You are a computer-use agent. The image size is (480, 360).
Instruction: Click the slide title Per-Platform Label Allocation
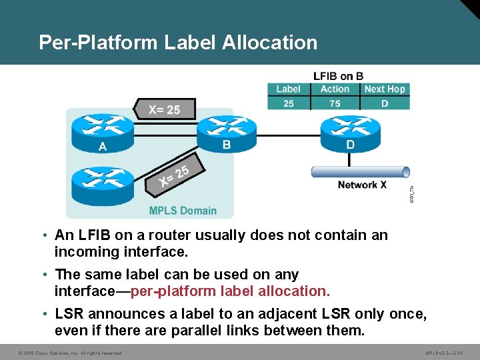click(x=178, y=43)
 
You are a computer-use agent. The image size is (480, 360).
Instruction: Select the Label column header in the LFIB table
click(x=288, y=89)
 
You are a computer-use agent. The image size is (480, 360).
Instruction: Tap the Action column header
click(x=335, y=89)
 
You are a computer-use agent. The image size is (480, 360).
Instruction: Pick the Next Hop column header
click(x=385, y=89)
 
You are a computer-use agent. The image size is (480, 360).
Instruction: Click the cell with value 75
click(x=335, y=103)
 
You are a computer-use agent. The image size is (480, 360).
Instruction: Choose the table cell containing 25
click(x=288, y=103)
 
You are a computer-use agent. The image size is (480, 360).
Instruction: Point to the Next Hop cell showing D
click(x=385, y=103)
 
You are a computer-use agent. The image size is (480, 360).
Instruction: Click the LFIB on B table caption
click(x=339, y=75)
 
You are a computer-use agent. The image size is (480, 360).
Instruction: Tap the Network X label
click(x=362, y=185)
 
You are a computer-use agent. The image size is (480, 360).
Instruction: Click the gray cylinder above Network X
click(x=361, y=171)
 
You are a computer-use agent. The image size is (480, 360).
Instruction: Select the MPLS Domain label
click(x=183, y=211)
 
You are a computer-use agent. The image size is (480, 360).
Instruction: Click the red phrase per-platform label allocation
click(x=230, y=291)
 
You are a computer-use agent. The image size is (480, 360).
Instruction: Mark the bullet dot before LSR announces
click(x=43, y=314)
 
